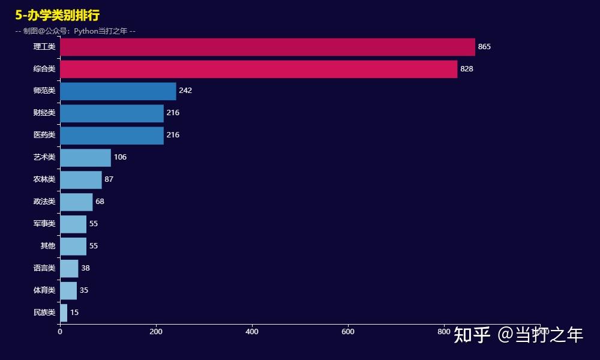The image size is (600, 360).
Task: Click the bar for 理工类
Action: (267, 47)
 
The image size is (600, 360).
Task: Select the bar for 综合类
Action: (258, 69)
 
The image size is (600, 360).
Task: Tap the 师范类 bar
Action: (118, 91)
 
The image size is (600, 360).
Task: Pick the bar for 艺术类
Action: (85, 157)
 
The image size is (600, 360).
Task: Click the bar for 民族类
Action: (64, 313)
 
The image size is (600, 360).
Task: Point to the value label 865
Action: (484, 47)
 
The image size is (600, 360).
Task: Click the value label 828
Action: (467, 69)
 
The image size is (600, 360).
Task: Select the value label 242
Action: (185, 91)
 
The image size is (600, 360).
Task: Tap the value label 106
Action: (120, 157)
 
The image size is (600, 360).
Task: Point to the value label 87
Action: (109, 179)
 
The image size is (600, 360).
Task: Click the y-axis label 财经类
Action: (44, 113)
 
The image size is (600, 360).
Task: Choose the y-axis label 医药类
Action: (44, 135)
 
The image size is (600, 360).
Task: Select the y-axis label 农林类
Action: (44, 179)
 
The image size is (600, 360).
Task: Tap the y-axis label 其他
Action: (48, 246)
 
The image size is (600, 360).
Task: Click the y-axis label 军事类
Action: (44, 224)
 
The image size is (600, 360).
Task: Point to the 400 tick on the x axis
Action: (252, 331)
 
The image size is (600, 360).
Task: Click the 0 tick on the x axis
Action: (60, 331)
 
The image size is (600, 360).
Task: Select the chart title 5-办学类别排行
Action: (58, 16)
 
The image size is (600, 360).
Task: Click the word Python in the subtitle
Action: (86, 31)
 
